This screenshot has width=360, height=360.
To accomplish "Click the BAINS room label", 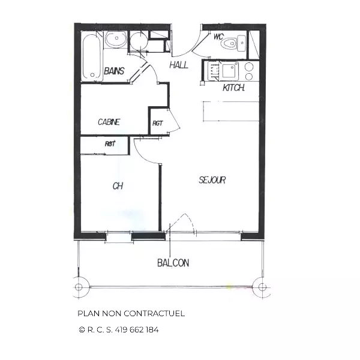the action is [x=114, y=71].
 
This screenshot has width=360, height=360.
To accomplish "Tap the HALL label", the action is [x=179, y=65].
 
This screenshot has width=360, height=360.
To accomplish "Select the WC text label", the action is [x=218, y=37].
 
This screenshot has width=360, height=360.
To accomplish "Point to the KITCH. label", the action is [x=233, y=88].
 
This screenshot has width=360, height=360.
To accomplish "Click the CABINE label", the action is [x=109, y=122].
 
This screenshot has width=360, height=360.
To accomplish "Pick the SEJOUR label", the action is [x=212, y=180].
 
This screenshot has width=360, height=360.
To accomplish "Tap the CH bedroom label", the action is [x=118, y=186].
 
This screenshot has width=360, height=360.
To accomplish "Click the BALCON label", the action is [x=173, y=263].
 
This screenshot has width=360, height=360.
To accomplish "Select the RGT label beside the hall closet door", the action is [x=157, y=123].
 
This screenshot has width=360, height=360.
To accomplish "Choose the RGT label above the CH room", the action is [x=110, y=144].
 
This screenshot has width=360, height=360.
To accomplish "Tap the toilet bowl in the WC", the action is [x=229, y=43].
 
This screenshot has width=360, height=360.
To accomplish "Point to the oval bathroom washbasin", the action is [x=116, y=39].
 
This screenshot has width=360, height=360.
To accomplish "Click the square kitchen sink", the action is [x=229, y=71].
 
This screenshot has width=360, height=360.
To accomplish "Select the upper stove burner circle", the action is [x=249, y=67].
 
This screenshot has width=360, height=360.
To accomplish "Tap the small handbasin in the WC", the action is [x=242, y=43].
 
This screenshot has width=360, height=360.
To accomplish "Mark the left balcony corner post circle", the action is [x=79, y=287].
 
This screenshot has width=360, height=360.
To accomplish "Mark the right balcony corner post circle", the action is [x=262, y=287].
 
